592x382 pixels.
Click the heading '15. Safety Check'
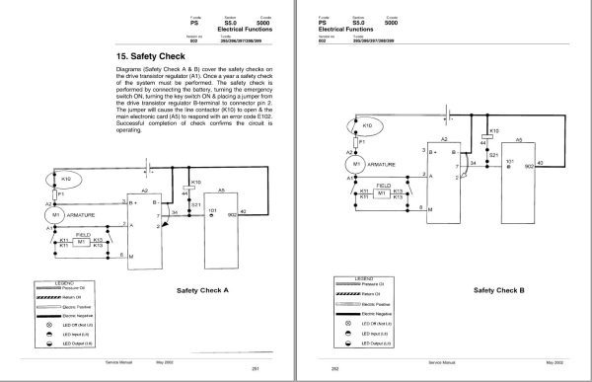click(x=146, y=57)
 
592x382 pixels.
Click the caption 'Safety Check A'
click(x=200, y=290)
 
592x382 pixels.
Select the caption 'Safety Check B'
click(x=499, y=290)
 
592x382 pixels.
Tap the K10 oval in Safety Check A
click(x=67, y=180)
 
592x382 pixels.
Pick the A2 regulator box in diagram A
click(x=143, y=222)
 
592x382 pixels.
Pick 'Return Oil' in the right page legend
click(x=369, y=294)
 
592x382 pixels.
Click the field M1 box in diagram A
click(x=86, y=242)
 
